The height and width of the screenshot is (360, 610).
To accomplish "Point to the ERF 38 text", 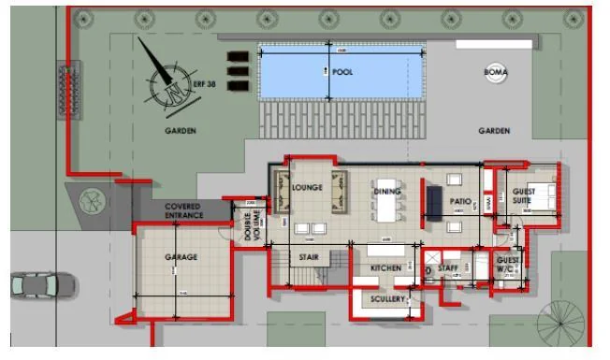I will point(204,83).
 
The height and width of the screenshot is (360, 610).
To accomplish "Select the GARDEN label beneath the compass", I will point(181,131).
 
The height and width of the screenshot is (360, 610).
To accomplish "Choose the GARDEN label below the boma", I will point(494,131).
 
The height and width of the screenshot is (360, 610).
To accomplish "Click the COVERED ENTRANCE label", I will point(183,210).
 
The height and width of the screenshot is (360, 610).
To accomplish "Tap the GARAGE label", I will point(182,257).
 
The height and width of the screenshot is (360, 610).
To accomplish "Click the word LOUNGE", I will point(307,188).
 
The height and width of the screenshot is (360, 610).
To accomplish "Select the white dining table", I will point(386,199).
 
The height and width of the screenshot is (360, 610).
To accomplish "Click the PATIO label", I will point(459,200).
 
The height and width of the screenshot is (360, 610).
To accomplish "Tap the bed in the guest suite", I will point(544,195).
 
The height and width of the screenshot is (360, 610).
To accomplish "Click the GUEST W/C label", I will point(508,264).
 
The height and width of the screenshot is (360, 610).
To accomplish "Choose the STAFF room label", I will point(448,268).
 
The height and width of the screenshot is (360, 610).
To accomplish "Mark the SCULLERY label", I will point(388,299).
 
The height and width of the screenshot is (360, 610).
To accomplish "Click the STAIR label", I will point(309,256).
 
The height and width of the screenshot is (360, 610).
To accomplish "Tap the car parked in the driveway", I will point(43,283).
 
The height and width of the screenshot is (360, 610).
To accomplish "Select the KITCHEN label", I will point(385,268).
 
